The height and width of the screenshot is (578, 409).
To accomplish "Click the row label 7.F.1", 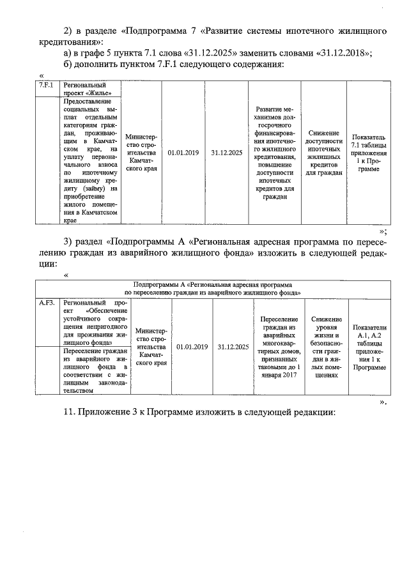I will pyautogui.click(x=45, y=84).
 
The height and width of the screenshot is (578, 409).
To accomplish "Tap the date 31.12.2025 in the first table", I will pyautogui.click(x=226, y=153).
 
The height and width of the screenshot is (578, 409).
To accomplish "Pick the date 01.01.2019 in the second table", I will pyautogui.click(x=192, y=346).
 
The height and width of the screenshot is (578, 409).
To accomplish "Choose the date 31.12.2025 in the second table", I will pyautogui.click(x=233, y=346).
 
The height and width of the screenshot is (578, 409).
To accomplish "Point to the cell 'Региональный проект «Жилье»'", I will pyautogui.click(x=84, y=88).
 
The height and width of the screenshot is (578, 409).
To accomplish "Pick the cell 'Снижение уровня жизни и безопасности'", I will pyautogui.click(x=327, y=346).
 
